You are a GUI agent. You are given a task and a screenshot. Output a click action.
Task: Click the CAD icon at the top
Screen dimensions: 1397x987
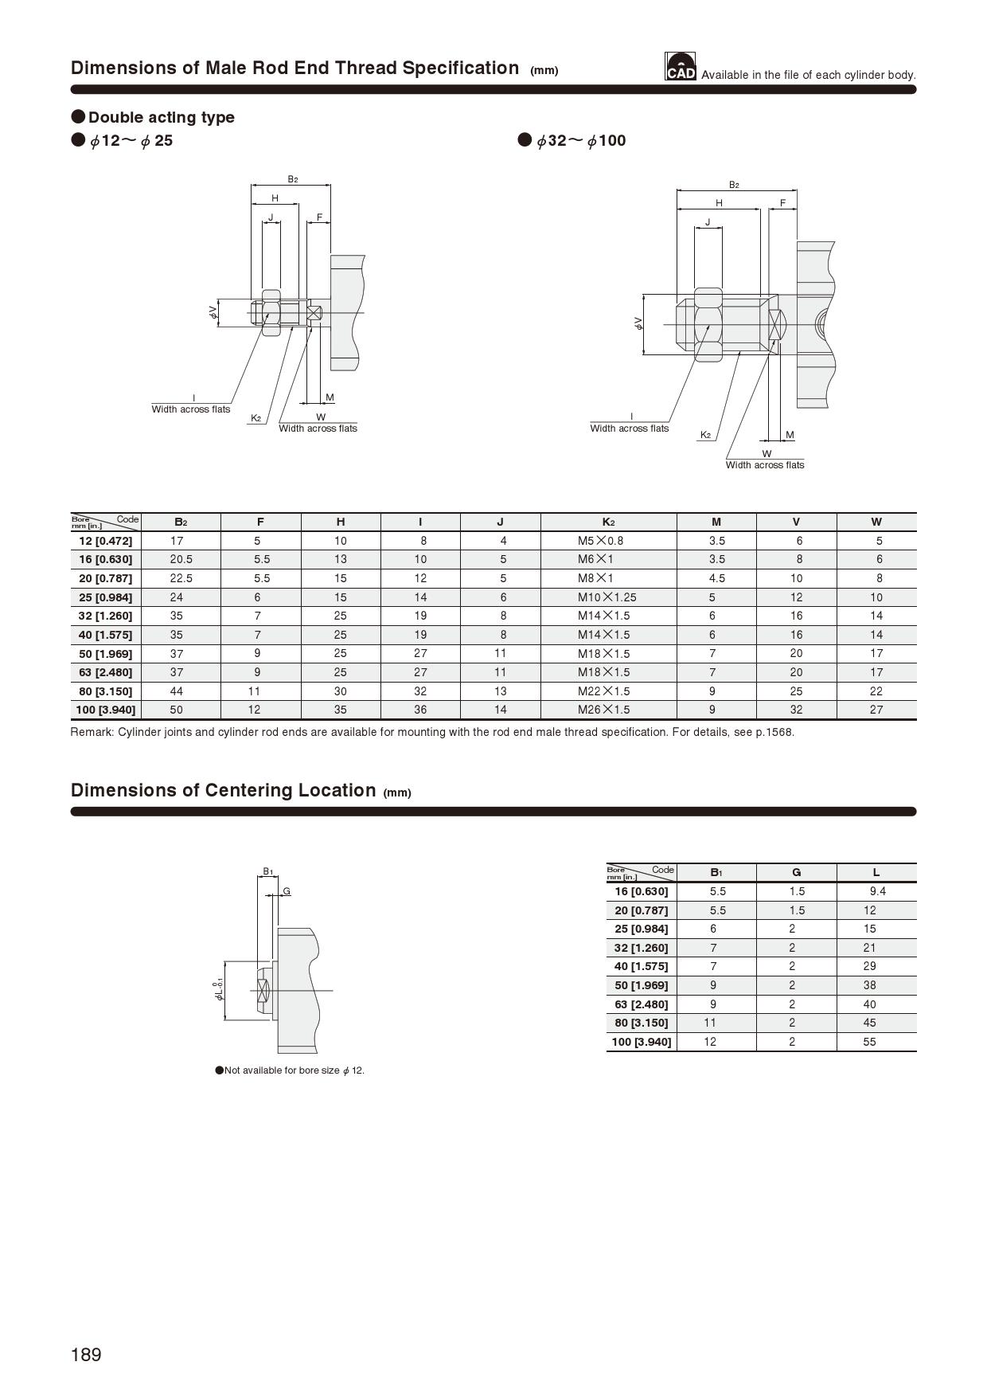point(681,67)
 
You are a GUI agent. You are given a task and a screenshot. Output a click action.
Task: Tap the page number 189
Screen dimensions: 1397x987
point(86,1355)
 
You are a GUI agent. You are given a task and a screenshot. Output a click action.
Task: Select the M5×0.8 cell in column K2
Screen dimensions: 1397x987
point(600,541)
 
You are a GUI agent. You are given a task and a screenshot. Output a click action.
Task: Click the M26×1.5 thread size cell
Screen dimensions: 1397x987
point(603,710)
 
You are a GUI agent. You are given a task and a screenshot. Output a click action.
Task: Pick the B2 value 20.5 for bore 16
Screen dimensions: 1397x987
point(181,559)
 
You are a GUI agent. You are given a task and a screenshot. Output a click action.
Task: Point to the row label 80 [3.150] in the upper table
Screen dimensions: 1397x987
point(106,691)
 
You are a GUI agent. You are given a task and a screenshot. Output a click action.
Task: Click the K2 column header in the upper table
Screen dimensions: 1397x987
point(608,522)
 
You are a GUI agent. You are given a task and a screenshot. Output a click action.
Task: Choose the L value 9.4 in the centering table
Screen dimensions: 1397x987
point(877,891)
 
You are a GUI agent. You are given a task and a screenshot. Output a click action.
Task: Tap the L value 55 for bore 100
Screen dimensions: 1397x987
point(869,1042)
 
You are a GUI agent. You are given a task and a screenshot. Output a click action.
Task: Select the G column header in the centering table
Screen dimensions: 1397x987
point(796,873)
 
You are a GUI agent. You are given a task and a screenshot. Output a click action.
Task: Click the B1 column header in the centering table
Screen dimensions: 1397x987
point(716,873)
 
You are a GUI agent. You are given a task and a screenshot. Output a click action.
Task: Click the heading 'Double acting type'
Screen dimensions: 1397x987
point(161,117)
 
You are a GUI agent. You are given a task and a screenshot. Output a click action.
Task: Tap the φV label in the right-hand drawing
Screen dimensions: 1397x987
point(638,323)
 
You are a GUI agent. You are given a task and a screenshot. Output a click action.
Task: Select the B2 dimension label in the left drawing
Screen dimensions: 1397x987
point(292,179)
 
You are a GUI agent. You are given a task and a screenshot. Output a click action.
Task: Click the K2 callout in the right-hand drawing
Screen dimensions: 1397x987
point(704,435)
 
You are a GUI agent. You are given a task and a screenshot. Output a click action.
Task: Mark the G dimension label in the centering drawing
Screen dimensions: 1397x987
point(287,890)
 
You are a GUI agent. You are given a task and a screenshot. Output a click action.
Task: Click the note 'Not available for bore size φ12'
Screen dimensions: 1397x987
point(291,1070)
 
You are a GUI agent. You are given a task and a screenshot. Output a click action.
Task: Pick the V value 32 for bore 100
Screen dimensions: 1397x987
point(796,710)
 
